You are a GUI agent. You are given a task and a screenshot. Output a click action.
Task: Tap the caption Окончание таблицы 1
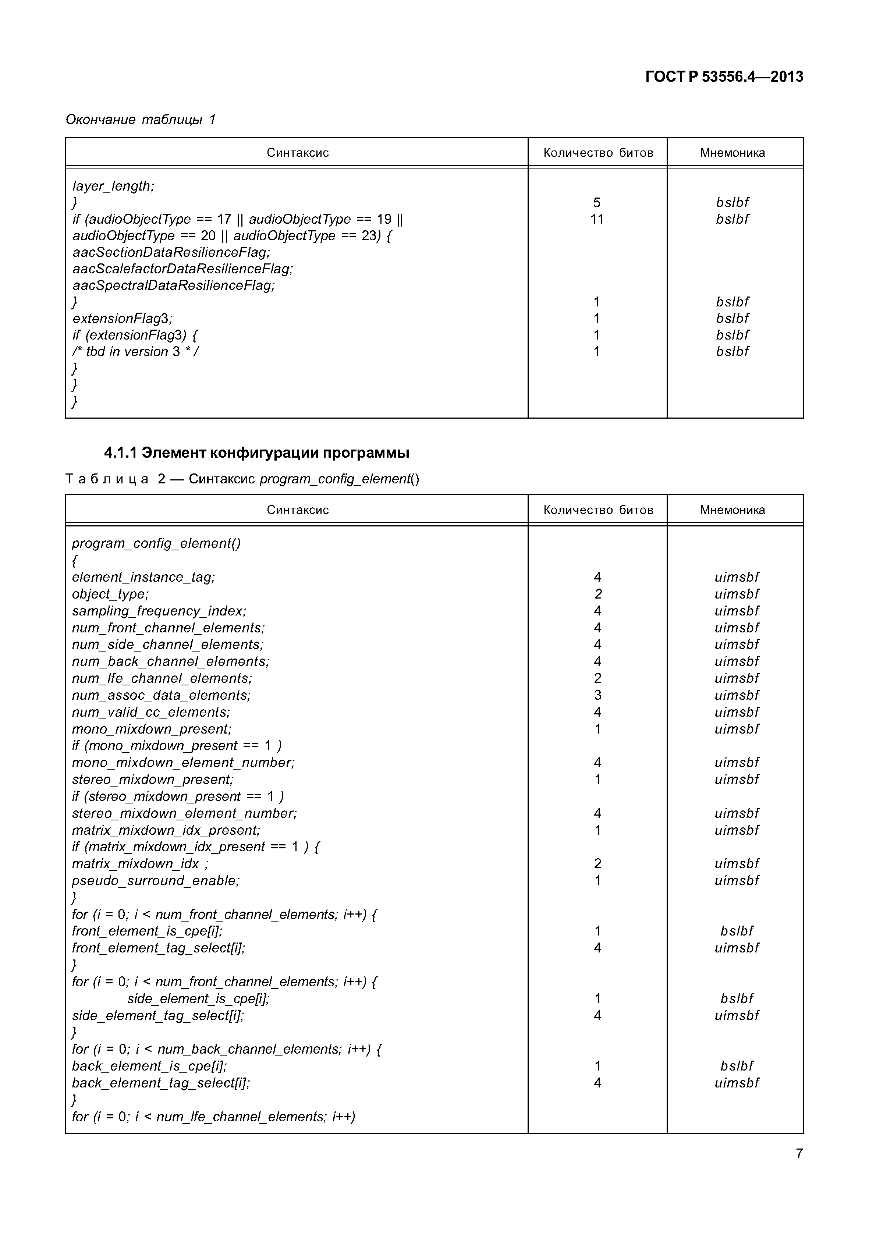click(141, 119)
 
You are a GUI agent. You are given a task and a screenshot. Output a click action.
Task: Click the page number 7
click(799, 1153)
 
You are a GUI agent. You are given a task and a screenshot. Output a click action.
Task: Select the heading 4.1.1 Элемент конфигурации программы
click(256, 452)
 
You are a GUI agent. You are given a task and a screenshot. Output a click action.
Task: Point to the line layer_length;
click(113, 186)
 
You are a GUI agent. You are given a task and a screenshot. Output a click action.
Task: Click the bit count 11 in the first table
click(597, 219)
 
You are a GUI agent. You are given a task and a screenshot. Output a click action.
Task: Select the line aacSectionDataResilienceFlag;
click(171, 252)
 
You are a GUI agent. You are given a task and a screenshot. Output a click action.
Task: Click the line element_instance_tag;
click(143, 577)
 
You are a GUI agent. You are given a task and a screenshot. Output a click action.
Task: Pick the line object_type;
click(110, 594)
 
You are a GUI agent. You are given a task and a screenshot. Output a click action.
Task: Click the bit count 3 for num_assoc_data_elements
click(597, 695)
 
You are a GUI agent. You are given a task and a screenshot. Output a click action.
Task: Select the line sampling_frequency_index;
click(159, 611)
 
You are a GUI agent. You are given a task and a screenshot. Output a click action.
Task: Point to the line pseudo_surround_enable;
click(155, 880)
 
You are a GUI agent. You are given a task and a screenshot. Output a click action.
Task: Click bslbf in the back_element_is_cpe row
click(736, 1066)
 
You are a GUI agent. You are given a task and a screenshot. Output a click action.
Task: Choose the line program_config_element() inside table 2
click(156, 543)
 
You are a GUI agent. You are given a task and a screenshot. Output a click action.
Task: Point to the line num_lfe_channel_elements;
click(162, 678)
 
